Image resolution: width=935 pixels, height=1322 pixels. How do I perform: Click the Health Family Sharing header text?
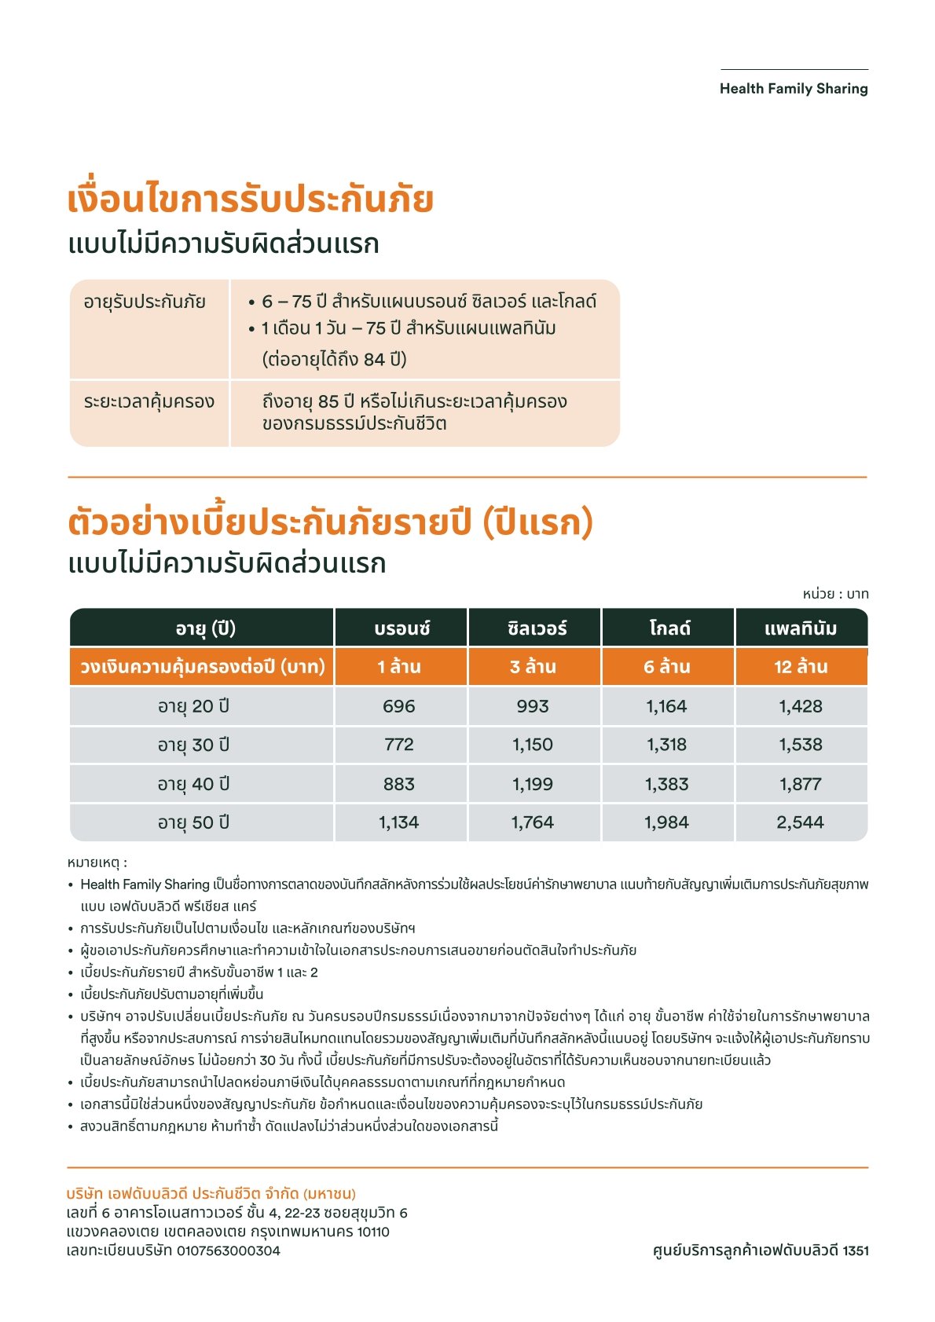click(794, 89)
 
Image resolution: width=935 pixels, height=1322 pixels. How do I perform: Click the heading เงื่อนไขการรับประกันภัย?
click(251, 200)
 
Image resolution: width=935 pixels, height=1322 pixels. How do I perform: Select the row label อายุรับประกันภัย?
click(145, 302)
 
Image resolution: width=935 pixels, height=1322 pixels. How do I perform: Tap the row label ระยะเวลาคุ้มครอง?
click(149, 401)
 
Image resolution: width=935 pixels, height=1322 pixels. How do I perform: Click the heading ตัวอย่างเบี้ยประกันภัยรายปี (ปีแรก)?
click(330, 522)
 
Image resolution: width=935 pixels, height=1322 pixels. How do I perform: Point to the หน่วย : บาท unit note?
click(835, 594)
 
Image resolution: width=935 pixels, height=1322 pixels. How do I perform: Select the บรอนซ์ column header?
click(401, 628)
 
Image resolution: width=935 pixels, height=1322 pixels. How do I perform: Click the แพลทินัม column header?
click(801, 628)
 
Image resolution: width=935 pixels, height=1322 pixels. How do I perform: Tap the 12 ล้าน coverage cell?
click(801, 667)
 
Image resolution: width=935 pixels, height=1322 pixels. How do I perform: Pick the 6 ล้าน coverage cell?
click(667, 667)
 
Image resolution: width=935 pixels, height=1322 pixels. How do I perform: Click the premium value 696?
click(399, 706)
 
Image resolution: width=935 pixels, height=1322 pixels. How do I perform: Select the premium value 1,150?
click(533, 745)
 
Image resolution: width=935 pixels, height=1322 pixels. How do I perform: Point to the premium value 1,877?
click(801, 784)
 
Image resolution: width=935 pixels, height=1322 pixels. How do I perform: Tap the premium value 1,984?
click(667, 822)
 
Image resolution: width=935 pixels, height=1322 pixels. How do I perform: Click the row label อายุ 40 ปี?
click(193, 784)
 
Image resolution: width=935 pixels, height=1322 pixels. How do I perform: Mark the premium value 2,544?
click(801, 822)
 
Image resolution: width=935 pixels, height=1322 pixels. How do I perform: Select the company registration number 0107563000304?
click(228, 1251)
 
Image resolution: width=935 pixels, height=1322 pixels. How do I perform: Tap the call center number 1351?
click(855, 1251)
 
